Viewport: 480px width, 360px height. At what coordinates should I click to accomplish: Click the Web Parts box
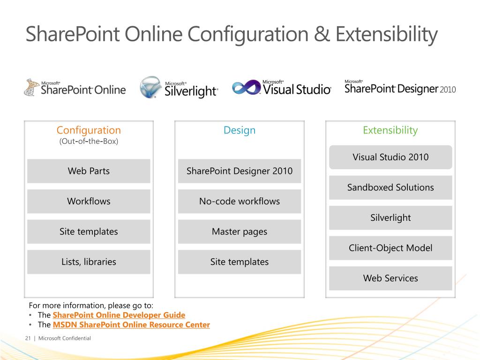point(89,171)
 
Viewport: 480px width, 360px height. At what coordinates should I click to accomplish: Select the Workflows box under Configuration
point(89,202)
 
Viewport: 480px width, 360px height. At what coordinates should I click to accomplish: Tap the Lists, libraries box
point(89,262)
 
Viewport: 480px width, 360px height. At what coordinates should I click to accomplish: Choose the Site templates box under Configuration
point(89,232)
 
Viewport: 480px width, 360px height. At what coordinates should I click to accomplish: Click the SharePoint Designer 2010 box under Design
point(240,171)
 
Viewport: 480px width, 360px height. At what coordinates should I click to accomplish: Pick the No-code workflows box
point(240,202)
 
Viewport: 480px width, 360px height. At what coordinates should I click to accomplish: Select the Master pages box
point(240,232)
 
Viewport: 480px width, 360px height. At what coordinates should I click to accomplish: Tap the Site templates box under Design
point(240,262)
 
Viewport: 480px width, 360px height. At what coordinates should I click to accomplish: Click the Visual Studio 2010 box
point(390,157)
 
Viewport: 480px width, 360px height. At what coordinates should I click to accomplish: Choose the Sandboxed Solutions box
point(390,187)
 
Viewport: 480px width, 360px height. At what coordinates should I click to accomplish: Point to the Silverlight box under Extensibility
point(390,218)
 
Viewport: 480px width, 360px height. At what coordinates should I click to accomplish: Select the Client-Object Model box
point(390,248)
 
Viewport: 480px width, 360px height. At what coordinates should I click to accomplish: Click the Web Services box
point(390,278)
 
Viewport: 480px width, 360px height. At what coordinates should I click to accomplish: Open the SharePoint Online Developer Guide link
point(119,315)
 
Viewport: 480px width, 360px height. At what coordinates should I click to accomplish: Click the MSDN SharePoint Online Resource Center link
point(131,325)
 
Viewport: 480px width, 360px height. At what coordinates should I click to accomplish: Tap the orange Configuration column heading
point(89,130)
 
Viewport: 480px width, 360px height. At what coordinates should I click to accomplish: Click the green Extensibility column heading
point(390,130)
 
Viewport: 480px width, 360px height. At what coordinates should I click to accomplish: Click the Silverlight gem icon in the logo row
point(151,88)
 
